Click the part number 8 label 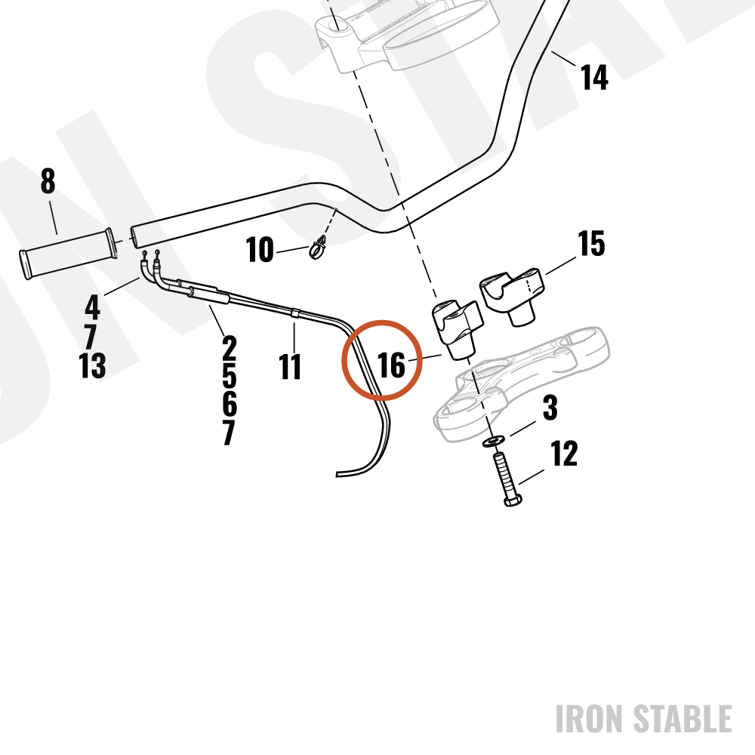point(48,181)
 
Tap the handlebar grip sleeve point(67,254)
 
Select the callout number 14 point(594,77)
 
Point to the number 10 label point(260,249)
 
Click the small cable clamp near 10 point(318,248)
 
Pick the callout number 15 point(591,243)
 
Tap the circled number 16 point(391,365)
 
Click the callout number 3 point(550,408)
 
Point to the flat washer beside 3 point(494,441)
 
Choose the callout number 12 point(563,453)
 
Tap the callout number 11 point(290,366)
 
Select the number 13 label point(92,365)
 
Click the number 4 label point(92,307)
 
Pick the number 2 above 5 point(230,348)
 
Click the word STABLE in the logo point(683,719)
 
